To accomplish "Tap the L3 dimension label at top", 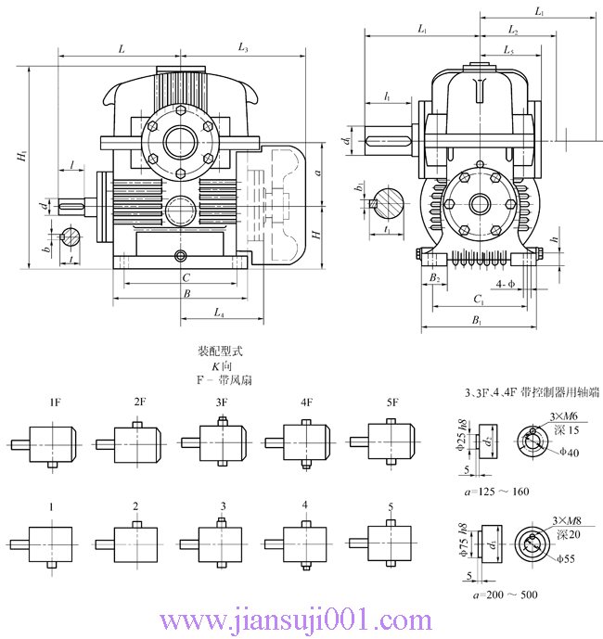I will coord(243,46).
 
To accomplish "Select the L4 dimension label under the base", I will coord(219,313).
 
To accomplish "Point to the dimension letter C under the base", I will coord(186,277).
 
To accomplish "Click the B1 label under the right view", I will coord(477,321).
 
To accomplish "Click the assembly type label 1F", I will coord(56,403).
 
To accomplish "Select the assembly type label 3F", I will coord(222,403).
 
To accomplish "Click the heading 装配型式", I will coord(219,352).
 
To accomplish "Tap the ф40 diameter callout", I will coord(569,452).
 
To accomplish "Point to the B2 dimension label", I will coord(433,277).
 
